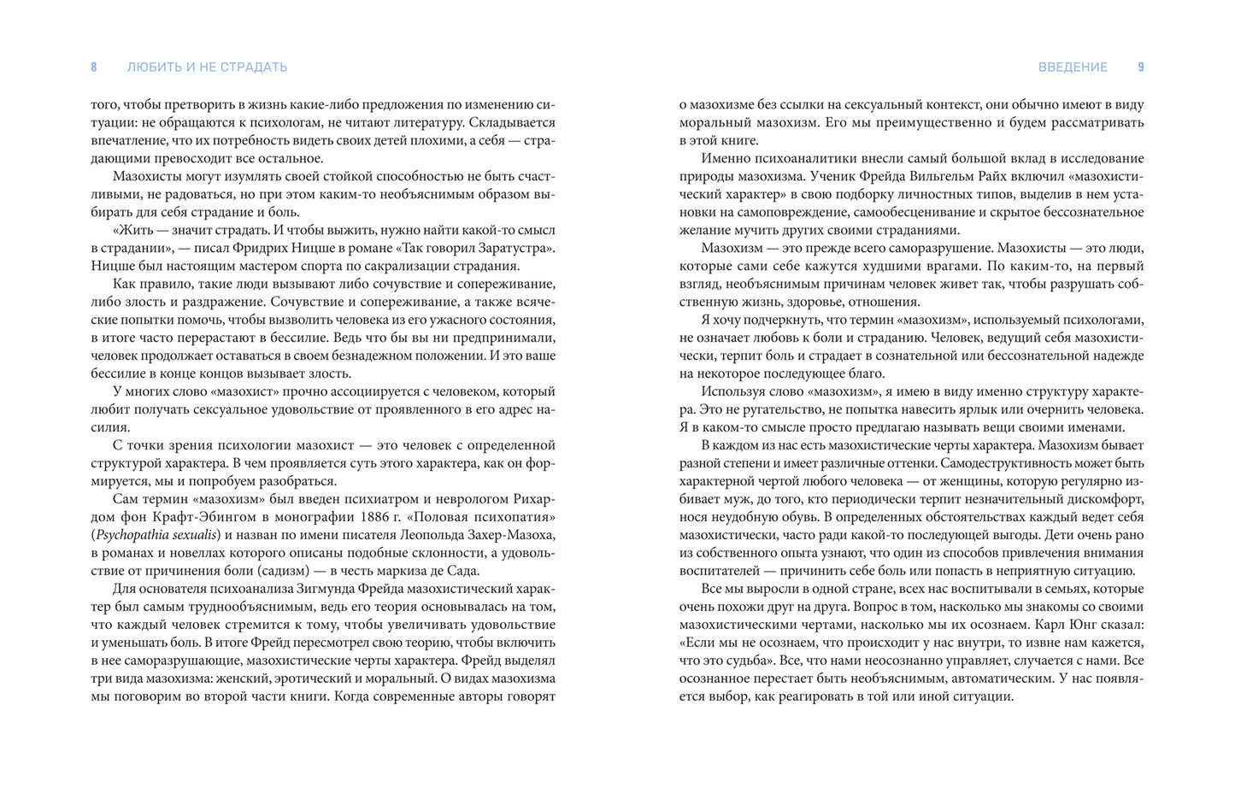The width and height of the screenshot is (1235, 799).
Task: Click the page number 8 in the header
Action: pyautogui.click(x=94, y=68)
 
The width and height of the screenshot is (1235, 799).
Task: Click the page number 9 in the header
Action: pyautogui.click(x=1141, y=68)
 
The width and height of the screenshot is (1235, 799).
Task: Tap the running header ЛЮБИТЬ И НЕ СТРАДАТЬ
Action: pyautogui.click(x=207, y=68)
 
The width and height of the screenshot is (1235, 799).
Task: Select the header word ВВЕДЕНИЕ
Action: pyautogui.click(x=1073, y=68)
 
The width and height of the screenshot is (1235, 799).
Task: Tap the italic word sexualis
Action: pyautogui.click(x=198, y=535)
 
